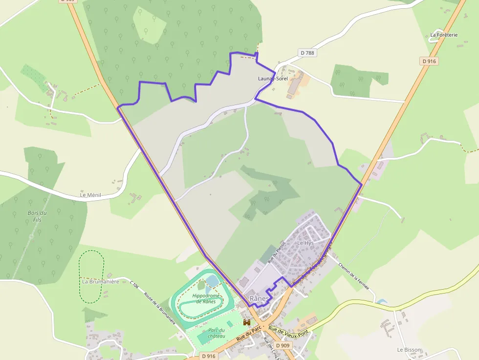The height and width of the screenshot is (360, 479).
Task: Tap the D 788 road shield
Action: (307, 53)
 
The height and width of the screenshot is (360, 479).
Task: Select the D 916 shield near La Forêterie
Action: (429, 61)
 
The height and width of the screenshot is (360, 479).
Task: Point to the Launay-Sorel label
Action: (273, 79)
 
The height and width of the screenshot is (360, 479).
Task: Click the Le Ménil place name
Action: (90, 195)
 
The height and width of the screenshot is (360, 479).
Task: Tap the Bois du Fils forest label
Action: (37, 216)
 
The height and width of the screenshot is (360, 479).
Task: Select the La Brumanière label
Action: (101, 282)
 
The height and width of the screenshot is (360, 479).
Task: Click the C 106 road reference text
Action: (134, 284)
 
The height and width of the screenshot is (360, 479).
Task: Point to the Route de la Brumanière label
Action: (159, 308)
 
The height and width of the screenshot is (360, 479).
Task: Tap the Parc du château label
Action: (216, 333)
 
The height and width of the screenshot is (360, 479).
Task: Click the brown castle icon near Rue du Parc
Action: (247, 322)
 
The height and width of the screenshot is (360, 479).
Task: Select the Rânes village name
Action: (259, 298)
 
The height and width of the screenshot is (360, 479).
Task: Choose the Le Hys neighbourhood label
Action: (305, 243)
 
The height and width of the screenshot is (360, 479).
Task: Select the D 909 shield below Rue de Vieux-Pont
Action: (283, 345)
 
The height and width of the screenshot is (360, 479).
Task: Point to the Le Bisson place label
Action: (409, 350)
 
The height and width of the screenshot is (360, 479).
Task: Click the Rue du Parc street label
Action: (247, 335)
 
